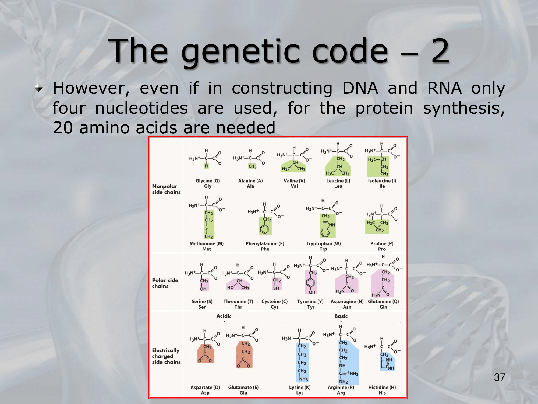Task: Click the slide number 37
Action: pos(500,377)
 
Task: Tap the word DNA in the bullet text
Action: pos(360,88)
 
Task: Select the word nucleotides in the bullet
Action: pos(141,108)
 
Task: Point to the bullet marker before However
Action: pos(39,88)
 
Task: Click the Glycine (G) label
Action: pos(208,181)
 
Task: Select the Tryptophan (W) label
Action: pos(323,243)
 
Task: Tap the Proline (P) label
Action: pos(382,243)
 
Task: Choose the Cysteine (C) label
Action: pos(275,302)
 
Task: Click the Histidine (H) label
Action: pos(382,387)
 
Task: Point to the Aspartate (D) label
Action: pos(205,387)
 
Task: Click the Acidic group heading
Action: pos(224,316)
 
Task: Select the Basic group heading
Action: pos(341,316)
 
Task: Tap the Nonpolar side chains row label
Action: pos(166,189)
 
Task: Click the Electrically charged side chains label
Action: pos(166,356)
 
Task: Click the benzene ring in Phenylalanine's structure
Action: pos(264,229)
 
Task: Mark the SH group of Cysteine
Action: pos(276,288)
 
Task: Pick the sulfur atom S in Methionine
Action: pos(207,228)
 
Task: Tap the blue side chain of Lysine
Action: pos(302,363)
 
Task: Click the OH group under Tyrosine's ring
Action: pos(312,292)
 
